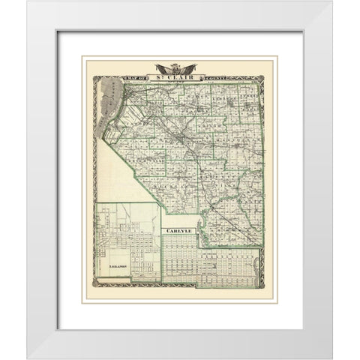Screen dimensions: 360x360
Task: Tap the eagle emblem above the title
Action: click(180, 65)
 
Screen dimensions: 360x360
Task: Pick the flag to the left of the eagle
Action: click(170, 66)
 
